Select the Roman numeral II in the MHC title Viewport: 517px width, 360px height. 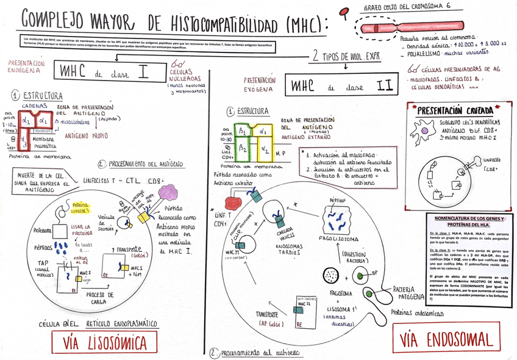[384, 85]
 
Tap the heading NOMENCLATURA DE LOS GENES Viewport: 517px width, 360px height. [469, 221]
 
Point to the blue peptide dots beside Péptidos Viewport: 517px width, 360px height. [62, 247]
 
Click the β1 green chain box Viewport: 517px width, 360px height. [242, 131]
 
